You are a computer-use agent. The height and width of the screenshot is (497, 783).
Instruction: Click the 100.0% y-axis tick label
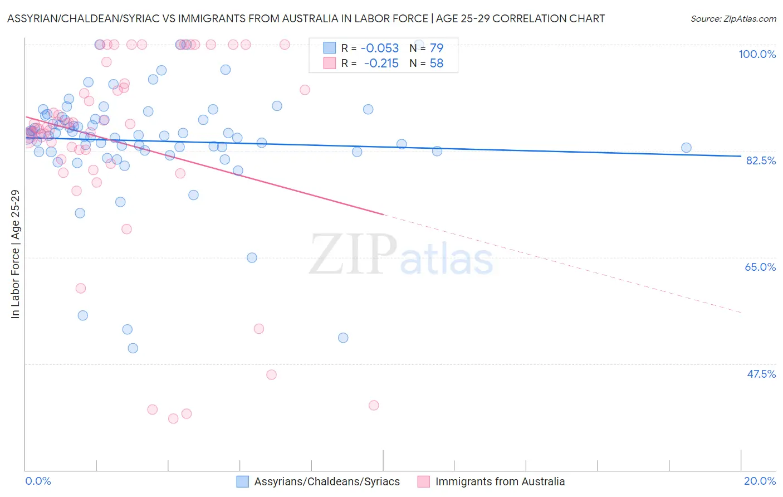(757, 54)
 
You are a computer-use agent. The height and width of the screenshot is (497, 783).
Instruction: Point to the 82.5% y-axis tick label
(761, 160)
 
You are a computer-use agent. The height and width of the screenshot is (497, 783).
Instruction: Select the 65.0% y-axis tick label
(760, 267)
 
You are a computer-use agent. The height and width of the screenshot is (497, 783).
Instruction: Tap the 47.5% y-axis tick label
(761, 374)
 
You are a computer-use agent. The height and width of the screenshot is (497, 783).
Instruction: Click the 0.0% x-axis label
(38, 481)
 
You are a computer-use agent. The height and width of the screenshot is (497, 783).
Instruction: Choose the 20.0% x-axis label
(760, 481)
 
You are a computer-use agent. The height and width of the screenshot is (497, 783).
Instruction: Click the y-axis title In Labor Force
(15, 254)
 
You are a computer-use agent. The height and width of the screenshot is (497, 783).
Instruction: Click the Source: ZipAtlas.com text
(733, 19)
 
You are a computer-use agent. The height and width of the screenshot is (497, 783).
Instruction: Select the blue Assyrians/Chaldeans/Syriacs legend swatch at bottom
(242, 481)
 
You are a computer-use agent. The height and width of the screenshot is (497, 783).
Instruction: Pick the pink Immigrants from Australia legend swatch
(424, 481)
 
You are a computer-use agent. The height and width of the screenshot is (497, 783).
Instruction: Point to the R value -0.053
(380, 48)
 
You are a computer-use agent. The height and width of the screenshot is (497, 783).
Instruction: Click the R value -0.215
(381, 64)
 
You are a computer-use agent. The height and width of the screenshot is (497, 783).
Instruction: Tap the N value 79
(436, 48)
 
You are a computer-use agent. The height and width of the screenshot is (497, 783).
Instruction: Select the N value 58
(436, 64)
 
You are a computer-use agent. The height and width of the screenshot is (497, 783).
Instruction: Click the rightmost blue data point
(686, 148)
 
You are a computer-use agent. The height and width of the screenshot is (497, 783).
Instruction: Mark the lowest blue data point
(133, 348)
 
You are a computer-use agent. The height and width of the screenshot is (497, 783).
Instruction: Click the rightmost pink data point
(374, 405)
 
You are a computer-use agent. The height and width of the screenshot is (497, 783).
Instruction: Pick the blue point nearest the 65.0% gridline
(252, 257)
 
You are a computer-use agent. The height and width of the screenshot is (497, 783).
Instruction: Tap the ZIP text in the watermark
(353, 255)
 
